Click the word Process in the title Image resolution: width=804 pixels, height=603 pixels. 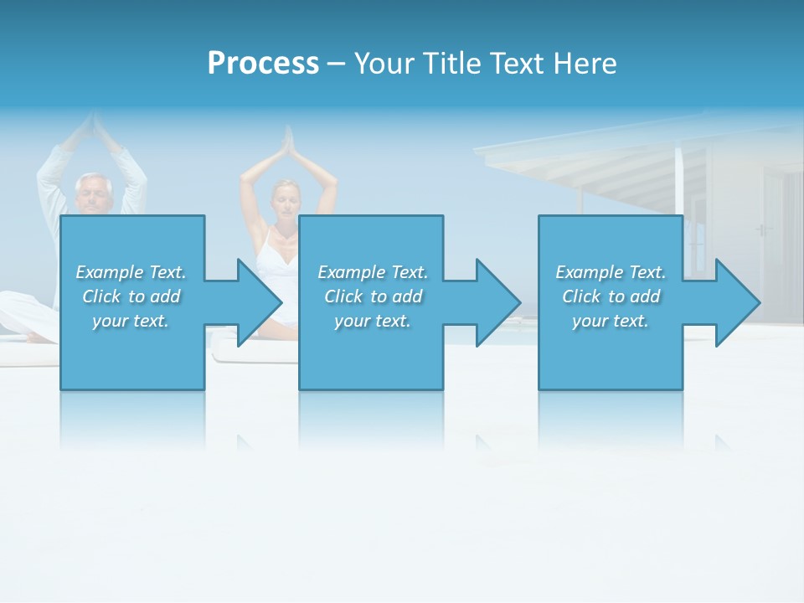pyautogui.click(x=263, y=64)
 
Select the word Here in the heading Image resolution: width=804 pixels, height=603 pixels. pyautogui.click(x=585, y=64)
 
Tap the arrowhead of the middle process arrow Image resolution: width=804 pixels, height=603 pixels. pyautogui.click(x=500, y=302)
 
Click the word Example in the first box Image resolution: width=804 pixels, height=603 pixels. pyautogui.click(x=109, y=272)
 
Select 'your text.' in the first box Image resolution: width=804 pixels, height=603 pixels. pyautogui.click(x=131, y=321)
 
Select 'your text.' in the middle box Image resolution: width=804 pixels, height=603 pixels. pyautogui.click(x=373, y=321)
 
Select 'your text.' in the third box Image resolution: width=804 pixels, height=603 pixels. pyautogui.click(x=611, y=321)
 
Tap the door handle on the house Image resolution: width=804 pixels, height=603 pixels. pyautogui.click(x=760, y=229)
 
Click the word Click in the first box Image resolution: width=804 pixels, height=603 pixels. pyautogui.click(x=102, y=296)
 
